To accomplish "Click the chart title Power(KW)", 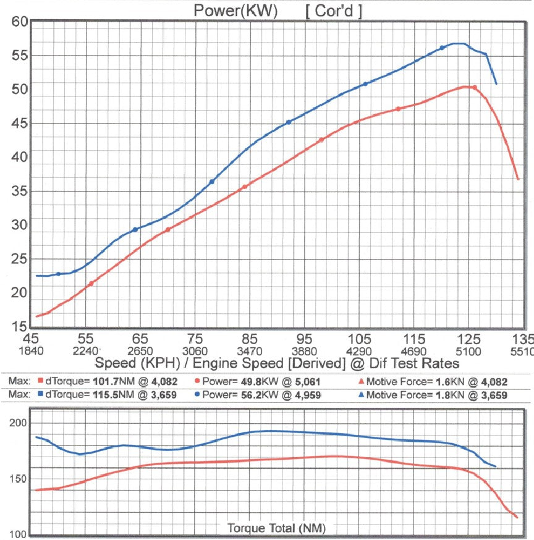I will [235, 11].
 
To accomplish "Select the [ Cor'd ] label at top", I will [334, 11].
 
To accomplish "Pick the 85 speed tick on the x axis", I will [249, 339].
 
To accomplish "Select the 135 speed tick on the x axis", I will [522, 339].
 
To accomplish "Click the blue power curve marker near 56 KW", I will [442, 48].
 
